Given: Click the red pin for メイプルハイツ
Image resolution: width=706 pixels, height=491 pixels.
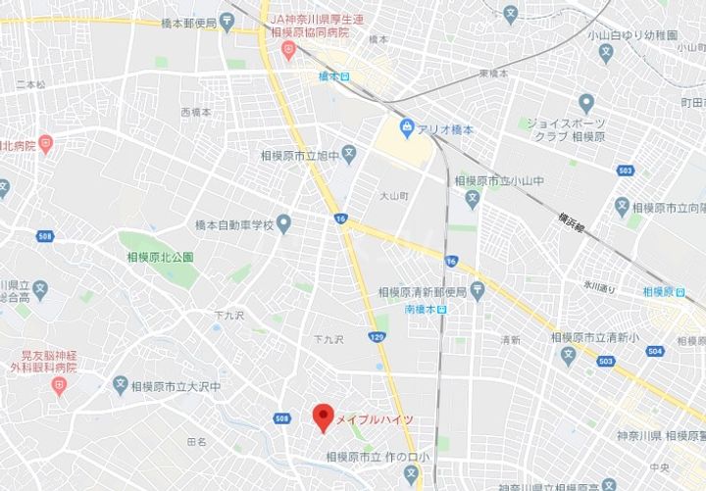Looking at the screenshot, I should pos(321,417).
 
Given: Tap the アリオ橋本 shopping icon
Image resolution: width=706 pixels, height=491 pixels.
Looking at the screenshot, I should pos(406,127).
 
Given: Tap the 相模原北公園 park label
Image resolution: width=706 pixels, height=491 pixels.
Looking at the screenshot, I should pos(160,257).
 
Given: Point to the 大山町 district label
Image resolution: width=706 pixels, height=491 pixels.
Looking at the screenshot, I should pos(392,196).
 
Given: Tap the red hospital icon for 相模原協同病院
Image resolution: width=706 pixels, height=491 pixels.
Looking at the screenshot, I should pos(287,49).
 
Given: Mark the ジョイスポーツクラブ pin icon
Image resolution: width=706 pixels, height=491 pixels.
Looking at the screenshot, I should pos(586,102).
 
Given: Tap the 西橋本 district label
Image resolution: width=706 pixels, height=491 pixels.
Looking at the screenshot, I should pos(196,114).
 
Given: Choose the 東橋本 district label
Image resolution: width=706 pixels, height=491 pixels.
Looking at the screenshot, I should pos(493,74).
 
